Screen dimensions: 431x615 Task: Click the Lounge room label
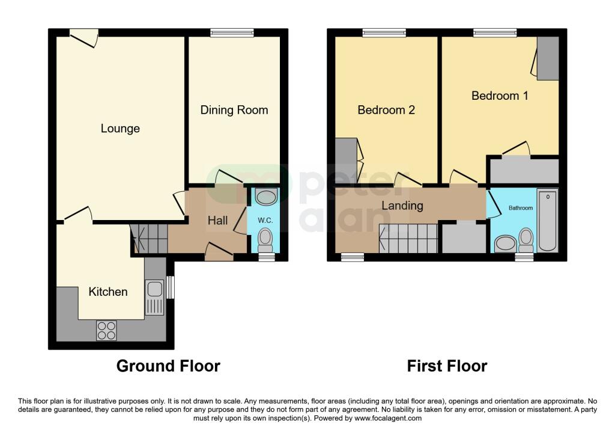tap(120, 128)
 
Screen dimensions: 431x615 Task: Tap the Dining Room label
tap(234, 110)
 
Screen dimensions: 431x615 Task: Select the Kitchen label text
tap(108, 292)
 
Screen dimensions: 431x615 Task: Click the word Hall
tap(217, 221)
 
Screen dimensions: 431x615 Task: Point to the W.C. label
tap(265, 221)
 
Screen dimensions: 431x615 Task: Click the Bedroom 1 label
tap(500, 96)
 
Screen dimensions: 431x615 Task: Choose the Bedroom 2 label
tap(386, 110)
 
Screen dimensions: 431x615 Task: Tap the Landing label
tap(402, 206)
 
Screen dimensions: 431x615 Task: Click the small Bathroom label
tap(521, 208)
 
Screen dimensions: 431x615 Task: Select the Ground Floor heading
tap(168, 365)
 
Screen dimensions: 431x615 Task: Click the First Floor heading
tap(447, 365)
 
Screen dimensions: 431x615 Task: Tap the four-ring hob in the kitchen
tap(107, 330)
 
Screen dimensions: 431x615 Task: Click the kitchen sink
tap(154, 297)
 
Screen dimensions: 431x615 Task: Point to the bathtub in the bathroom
tap(547, 220)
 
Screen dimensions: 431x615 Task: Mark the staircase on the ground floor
tap(149, 238)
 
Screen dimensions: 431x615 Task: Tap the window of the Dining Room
tap(232, 32)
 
